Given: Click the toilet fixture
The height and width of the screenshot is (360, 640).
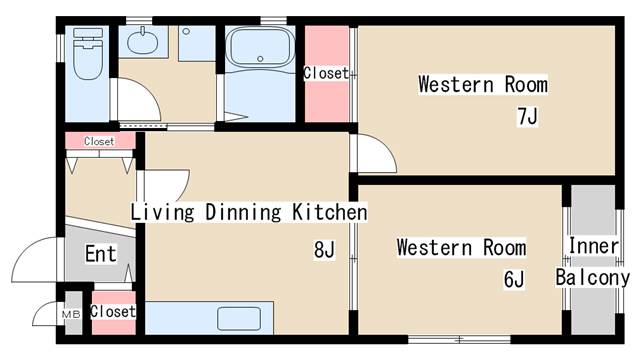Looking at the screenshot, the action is [88, 54].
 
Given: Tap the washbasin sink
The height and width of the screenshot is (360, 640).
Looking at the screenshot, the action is [142, 41].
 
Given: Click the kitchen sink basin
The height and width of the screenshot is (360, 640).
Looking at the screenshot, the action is [239, 319].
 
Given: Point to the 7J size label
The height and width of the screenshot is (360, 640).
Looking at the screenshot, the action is [527, 116].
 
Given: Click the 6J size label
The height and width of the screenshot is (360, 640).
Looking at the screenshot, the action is [514, 280].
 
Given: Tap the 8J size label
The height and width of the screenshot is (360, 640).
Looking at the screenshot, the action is [324, 249].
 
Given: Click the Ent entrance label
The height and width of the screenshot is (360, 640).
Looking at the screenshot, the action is [101, 253].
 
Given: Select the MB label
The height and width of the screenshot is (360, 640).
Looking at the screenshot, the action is [71, 314].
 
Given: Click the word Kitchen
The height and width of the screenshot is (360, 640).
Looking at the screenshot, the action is [330, 212].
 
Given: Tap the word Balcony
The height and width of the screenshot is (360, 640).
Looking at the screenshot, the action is [593, 278].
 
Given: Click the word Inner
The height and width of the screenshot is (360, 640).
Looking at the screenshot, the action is [593, 246].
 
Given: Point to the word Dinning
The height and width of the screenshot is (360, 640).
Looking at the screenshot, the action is [243, 212].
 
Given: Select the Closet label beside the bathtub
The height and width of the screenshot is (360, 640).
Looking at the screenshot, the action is [326, 73].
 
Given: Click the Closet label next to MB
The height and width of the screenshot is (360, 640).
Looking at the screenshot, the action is [113, 311].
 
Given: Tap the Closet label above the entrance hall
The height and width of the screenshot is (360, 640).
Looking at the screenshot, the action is [99, 141].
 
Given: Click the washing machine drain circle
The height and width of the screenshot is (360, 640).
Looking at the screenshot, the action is [186, 31].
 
